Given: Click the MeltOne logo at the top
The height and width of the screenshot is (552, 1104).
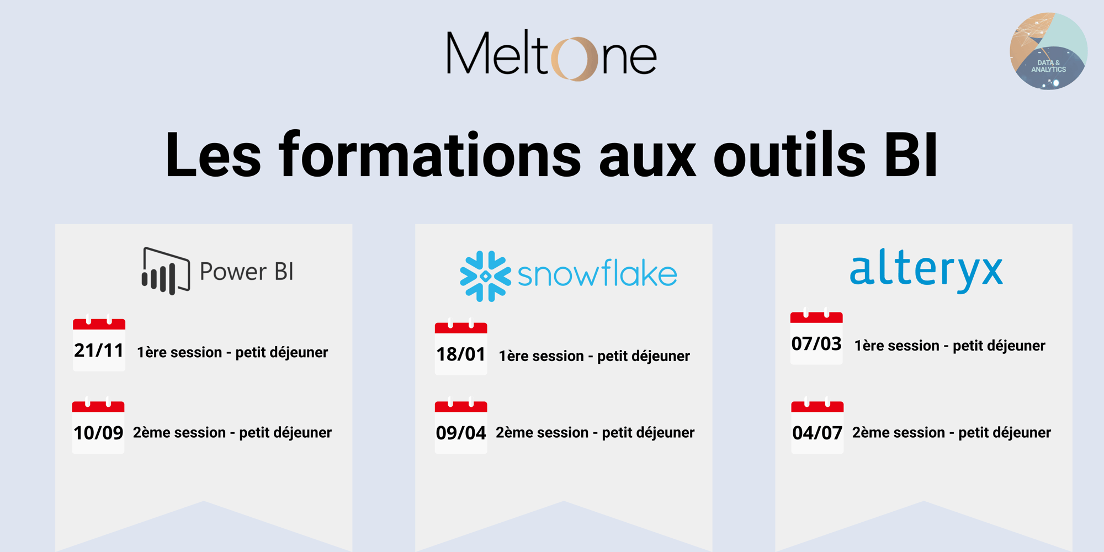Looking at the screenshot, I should click(551, 55).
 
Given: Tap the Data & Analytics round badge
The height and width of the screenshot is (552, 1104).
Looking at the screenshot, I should click(1048, 51).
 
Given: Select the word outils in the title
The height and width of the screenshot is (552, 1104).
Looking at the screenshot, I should click(789, 156).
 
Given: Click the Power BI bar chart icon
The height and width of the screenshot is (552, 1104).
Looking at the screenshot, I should click(165, 271).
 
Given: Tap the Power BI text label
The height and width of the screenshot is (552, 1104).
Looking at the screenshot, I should click(246, 272).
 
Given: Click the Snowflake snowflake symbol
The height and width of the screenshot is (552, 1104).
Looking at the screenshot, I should click(485, 276).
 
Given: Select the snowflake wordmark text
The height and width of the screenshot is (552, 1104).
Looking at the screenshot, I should click(597, 274).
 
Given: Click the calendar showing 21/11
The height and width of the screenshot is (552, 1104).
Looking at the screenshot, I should click(99, 345).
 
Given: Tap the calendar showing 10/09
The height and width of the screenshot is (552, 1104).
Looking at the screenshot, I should click(98, 428).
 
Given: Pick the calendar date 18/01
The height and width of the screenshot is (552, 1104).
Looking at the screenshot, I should click(461, 349).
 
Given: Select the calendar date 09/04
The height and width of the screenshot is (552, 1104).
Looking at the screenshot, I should click(461, 428).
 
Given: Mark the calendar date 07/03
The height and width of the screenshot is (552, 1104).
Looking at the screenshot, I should click(816, 338).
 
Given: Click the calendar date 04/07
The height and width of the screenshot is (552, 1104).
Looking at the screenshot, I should click(818, 428).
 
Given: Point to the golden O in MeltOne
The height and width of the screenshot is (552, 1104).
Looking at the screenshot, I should click(575, 59).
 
